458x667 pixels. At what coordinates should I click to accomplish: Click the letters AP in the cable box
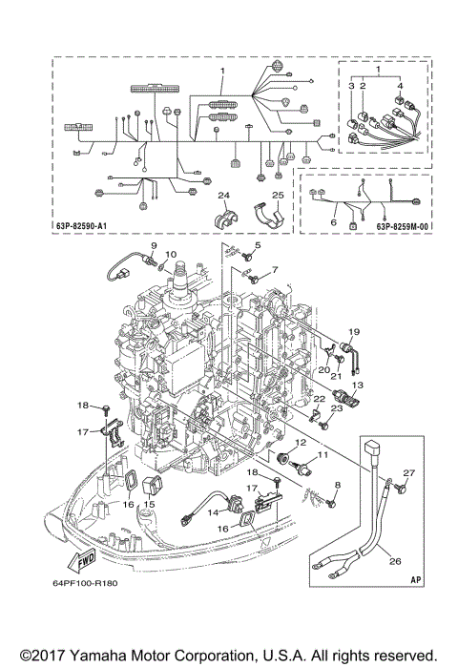point(417,578)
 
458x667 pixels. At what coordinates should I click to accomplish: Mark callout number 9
point(152,247)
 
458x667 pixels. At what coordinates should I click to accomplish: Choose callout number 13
point(360,385)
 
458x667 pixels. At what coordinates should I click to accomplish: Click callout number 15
point(149,491)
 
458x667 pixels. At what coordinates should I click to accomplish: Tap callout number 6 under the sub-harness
point(333,221)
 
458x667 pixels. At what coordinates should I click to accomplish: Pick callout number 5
point(256,244)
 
